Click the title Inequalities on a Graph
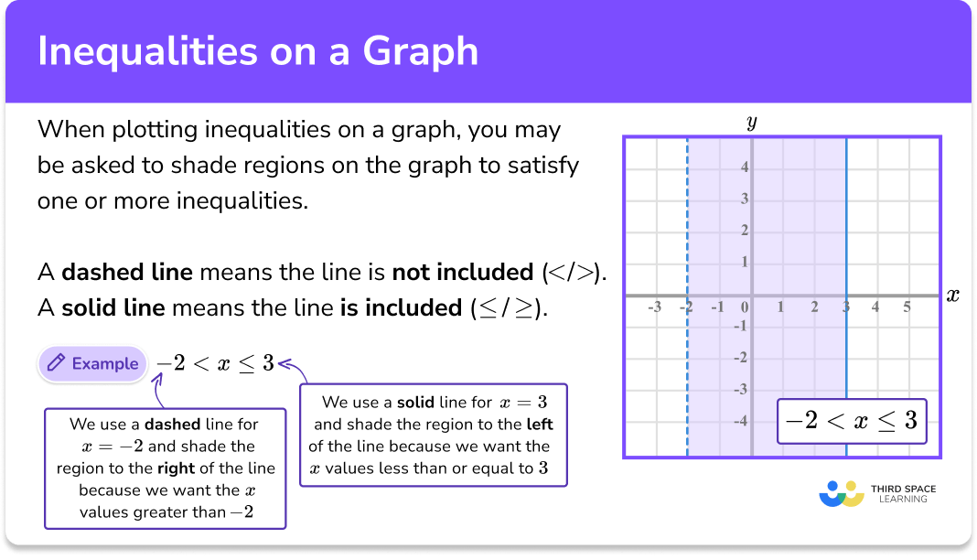(258, 51)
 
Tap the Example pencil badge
(92, 363)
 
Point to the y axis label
(752, 121)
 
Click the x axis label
(952, 296)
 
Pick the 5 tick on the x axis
(907, 307)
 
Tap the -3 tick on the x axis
(654, 307)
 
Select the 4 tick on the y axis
(745, 167)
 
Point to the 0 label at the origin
(745, 307)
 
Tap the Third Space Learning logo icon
(842, 493)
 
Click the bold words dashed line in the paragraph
(127, 272)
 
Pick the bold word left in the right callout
(540, 425)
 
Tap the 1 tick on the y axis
(745, 263)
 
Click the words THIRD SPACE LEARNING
(903, 494)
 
